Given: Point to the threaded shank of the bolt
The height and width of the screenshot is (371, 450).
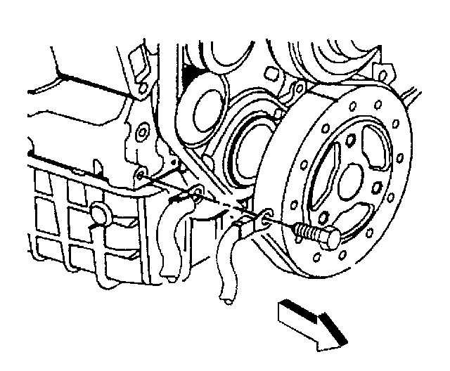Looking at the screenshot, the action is click(304, 230).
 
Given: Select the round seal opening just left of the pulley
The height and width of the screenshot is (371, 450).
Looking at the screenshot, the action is click(247, 160).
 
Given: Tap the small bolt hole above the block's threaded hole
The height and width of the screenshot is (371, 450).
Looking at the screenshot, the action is click(143, 131).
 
